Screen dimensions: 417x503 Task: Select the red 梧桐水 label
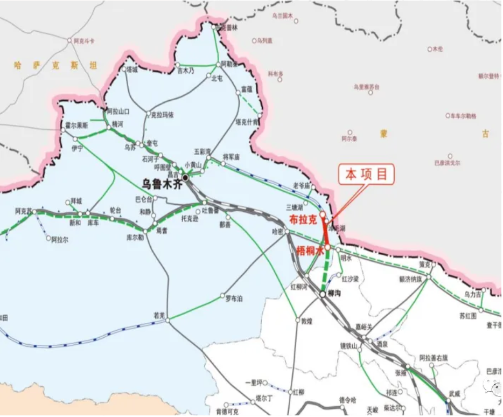309,251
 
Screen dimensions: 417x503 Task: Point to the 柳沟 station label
333,294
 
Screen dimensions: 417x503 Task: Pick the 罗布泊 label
234,298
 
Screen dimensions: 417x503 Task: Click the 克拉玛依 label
162,115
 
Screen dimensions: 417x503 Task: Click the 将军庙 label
231,157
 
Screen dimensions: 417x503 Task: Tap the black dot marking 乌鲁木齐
185,177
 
